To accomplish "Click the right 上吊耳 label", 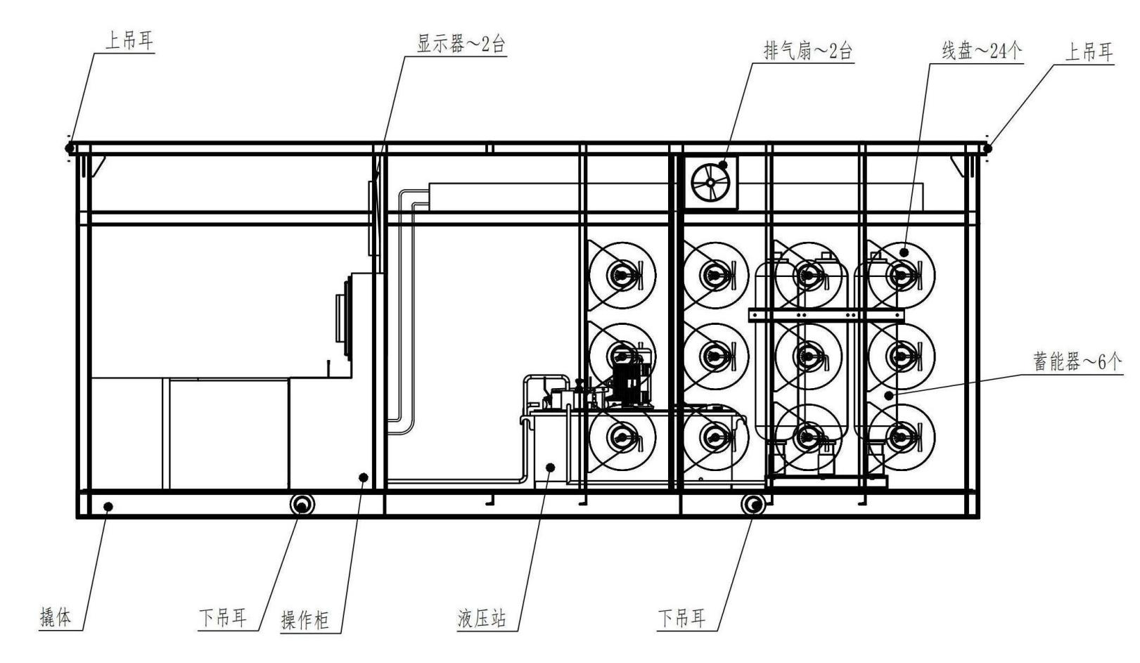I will (x=1089, y=52).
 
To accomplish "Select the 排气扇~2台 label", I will (x=807, y=51).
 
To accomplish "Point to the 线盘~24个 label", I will (x=982, y=51).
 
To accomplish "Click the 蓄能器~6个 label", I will (x=1077, y=362).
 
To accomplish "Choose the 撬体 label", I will (x=56, y=618).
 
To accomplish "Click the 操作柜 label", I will (x=305, y=621).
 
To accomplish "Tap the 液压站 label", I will (x=482, y=619).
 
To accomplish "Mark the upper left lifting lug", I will (x=70, y=148).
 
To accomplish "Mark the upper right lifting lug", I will (x=987, y=148).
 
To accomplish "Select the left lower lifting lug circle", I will (x=302, y=504).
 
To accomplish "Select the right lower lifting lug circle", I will (x=752, y=504).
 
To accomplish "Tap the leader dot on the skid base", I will (x=108, y=506).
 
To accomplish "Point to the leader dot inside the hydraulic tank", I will (x=551, y=467).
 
